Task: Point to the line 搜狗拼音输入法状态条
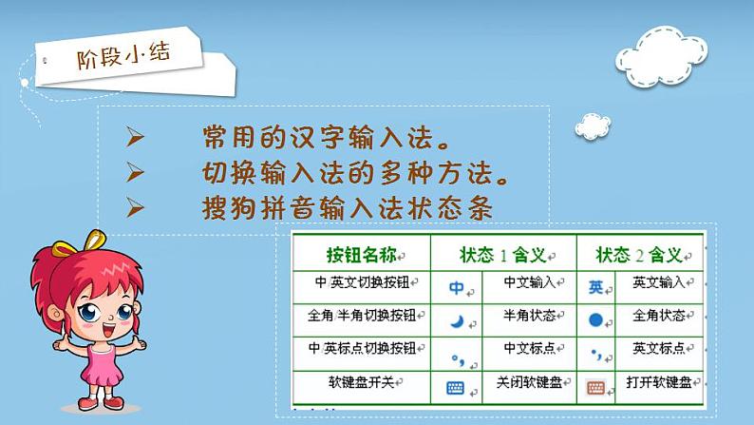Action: pos(347,207)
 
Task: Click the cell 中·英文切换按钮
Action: pos(362,282)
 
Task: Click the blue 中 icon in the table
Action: pos(457,286)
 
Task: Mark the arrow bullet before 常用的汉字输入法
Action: pos(135,139)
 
